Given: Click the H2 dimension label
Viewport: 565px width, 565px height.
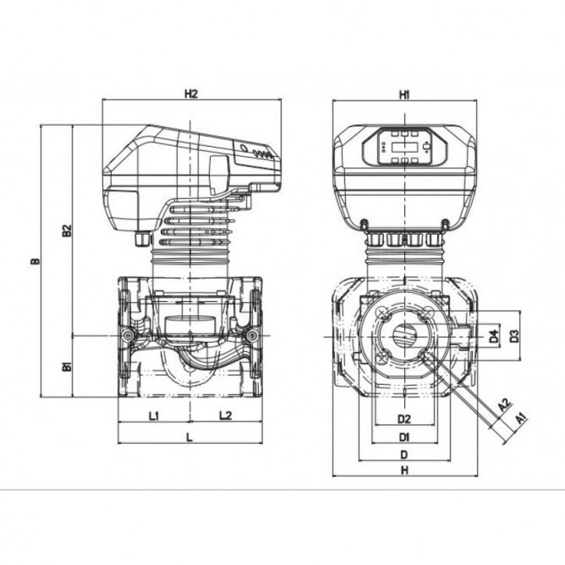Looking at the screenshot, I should click(191, 94).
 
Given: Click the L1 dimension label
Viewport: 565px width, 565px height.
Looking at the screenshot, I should click(154, 416).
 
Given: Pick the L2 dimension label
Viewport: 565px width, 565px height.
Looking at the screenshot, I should click(224, 416).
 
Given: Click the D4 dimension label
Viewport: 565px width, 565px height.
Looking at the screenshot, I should click(493, 337).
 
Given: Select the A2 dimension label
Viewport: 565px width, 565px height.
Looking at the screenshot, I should click(504, 406).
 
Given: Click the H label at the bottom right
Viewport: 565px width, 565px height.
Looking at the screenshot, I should click(404, 470).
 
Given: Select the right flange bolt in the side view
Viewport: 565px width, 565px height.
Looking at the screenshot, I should click(251, 336).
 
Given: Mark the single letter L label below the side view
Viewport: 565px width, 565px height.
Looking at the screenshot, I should click(190, 438).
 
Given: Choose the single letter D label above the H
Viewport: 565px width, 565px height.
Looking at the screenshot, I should click(403, 453).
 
